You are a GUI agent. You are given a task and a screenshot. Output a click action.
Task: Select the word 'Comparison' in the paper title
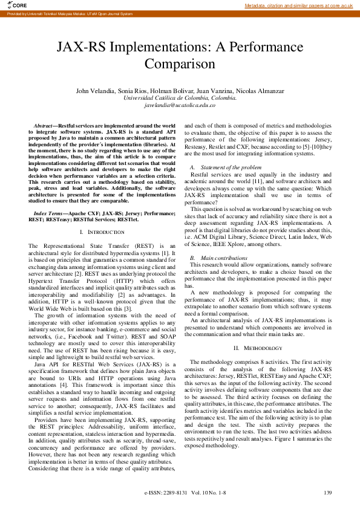click(180, 63)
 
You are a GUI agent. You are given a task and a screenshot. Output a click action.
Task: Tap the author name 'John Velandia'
click(94, 91)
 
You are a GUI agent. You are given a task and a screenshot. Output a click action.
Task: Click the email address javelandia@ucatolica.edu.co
click(180, 105)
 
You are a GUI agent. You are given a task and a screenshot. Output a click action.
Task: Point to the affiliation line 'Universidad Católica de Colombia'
click(180, 97)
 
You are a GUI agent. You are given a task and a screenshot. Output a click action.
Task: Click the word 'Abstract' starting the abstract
click(44, 125)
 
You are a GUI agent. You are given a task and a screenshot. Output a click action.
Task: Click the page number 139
click(327, 493)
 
